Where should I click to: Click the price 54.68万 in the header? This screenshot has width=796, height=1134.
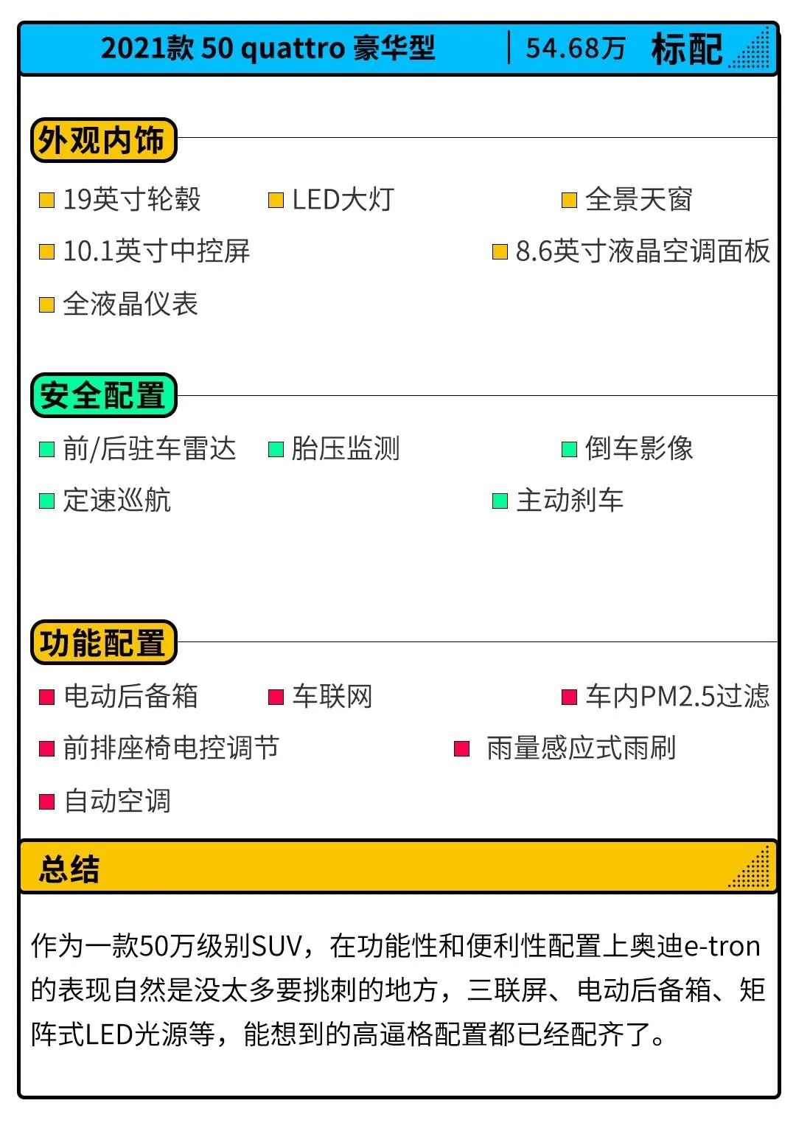pyautogui.click(x=576, y=49)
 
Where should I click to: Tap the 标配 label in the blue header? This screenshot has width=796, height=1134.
pyautogui.click(x=687, y=49)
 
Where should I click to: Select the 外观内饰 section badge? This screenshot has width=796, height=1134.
pyautogui.click(x=104, y=140)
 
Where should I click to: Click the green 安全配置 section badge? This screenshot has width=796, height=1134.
pyautogui.click(x=104, y=395)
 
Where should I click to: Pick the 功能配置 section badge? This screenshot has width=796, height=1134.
pyautogui.click(x=104, y=642)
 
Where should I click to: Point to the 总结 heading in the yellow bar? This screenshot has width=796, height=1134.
pyautogui.click(x=69, y=869)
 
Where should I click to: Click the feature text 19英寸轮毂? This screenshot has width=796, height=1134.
pyautogui.click(x=132, y=199)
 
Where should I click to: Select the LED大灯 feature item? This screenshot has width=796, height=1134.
pyautogui.click(x=343, y=199)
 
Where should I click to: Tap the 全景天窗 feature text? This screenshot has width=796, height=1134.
pyautogui.click(x=638, y=199)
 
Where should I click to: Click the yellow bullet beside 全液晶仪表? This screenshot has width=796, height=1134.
pyautogui.click(x=46, y=305)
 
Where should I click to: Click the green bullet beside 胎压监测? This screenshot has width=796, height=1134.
pyautogui.click(x=276, y=449)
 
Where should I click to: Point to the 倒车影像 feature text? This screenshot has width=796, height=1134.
pyautogui.click(x=638, y=448)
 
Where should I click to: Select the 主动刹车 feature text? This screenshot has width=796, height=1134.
pyautogui.click(x=570, y=500)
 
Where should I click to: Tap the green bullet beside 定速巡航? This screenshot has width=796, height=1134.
pyautogui.click(x=46, y=501)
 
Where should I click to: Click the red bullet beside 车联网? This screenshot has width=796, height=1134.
pyautogui.click(x=276, y=697)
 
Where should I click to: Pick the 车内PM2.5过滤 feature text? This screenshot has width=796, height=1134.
pyautogui.click(x=677, y=696)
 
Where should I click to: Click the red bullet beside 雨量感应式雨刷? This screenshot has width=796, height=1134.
pyautogui.click(x=461, y=748)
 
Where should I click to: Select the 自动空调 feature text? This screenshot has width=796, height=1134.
pyautogui.click(x=117, y=801)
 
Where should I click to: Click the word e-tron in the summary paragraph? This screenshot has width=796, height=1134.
pyautogui.click(x=722, y=946)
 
